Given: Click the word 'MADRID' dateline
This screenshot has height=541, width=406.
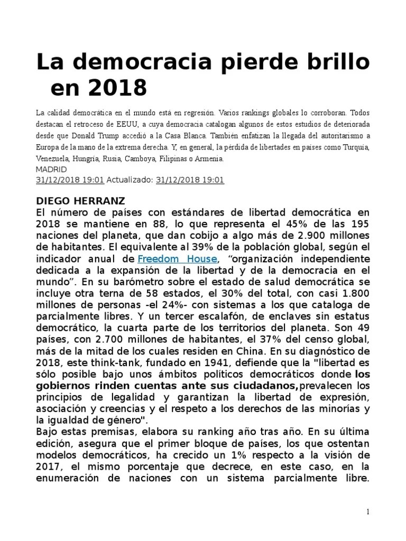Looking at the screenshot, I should [51, 170].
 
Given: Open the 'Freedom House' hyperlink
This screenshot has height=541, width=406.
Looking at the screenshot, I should [177, 258].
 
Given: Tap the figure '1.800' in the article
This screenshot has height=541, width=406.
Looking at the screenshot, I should [354, 293].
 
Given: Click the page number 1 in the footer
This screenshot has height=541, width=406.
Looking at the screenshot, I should [367, 512].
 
